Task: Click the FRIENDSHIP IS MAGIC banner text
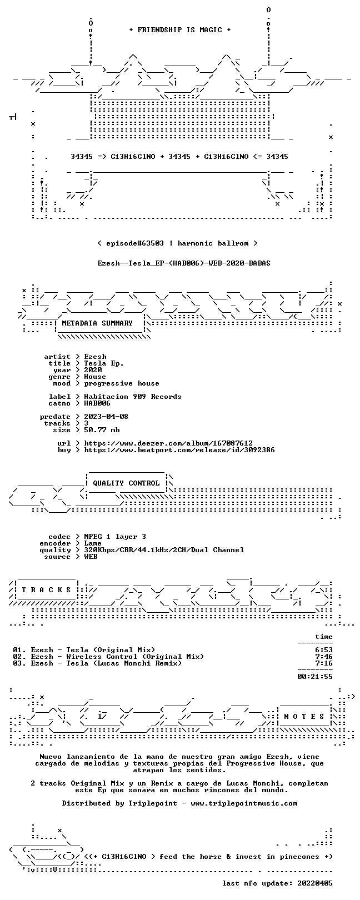coord(180,30)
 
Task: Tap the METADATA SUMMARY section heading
coord(97,323)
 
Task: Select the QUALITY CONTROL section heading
coord(126,483)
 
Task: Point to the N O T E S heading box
coord(304,716)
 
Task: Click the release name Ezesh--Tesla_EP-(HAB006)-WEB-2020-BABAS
coord(184,263)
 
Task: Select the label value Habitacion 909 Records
coord(133,397)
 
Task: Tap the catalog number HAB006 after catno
coord(97,403)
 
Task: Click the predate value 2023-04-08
coord(106,416)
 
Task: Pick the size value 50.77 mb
coord(102,430)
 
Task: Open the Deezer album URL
coord(168,443)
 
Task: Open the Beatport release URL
coord(179,450)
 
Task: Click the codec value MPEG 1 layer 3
coord(115,536)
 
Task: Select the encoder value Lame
coord(93,543)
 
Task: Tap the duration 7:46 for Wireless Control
coord(324,657)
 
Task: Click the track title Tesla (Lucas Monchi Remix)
coord(124,663)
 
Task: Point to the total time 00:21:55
coord(315,677)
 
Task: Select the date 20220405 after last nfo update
coord(315,883)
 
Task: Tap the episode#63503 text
coord(135,243)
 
